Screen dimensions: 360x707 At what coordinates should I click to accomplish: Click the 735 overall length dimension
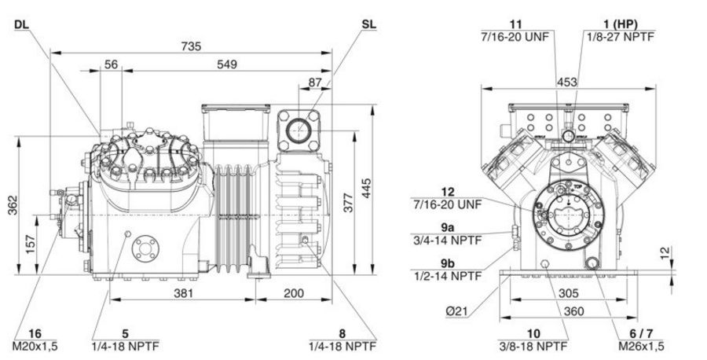pos(192,47)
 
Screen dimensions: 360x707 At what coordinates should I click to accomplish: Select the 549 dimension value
pos(227,64)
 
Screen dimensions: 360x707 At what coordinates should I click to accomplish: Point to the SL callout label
pos(368,24)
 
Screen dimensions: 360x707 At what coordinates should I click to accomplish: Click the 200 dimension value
pos(292,293)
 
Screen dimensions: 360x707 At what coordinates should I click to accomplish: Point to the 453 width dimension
pos(566,82)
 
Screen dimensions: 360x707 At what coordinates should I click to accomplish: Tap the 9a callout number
pos(448,226)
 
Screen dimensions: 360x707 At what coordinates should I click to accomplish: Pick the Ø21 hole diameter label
pos(457,310)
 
